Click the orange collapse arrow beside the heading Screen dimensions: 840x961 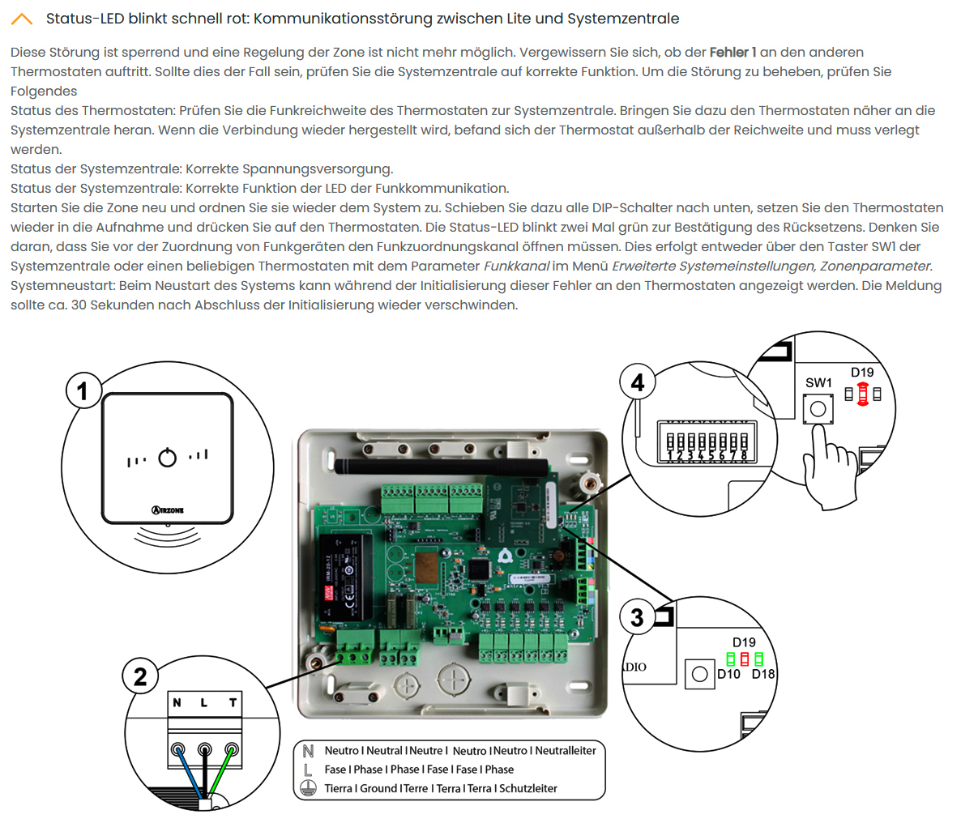(22, 19)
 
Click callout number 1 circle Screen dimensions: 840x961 (82, 391)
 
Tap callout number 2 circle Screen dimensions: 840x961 (139, 676)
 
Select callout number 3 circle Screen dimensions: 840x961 (637, 617)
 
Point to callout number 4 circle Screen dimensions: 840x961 (637, 382)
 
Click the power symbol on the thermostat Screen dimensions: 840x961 (168, 458)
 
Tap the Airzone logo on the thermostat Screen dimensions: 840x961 (168, 510)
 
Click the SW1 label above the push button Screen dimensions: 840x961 (818, 382)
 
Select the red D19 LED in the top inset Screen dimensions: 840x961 (862, 394)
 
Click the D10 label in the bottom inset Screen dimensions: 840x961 (728, 674)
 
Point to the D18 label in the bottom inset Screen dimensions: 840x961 (763, 674)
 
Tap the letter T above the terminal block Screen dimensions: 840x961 (233, 702)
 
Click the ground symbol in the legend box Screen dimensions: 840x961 (308, 788)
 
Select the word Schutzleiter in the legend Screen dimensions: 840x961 (528, 788)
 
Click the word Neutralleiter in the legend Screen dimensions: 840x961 (566, 751)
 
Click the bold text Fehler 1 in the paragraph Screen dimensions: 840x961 (732, 52)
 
